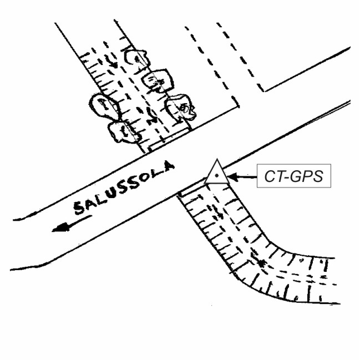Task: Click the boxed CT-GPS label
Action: (294, 177)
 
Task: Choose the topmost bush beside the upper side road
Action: (136, 58)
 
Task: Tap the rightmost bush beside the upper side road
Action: (181, 107)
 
